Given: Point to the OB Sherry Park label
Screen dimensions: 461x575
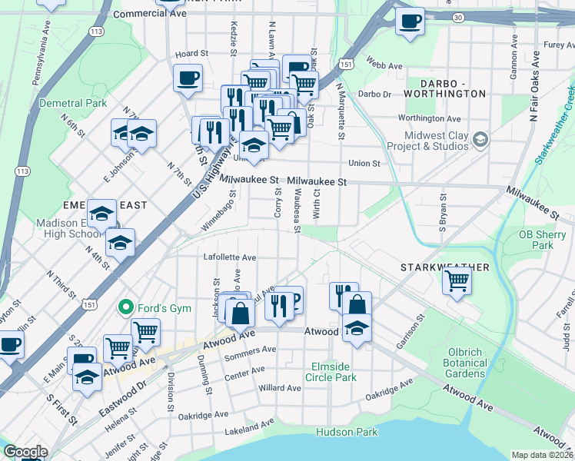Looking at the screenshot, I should [x=536, y=240].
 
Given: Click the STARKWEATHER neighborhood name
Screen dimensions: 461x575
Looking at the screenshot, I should [x=444, y=267].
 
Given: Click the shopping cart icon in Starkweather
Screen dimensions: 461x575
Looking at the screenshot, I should [x=457, y=282].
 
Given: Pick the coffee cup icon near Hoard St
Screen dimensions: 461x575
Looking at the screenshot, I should [x=188, y=77].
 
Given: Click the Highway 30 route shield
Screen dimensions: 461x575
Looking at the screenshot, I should [x=459, y=16].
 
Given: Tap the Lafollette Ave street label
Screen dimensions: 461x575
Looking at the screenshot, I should [x=230, y=257].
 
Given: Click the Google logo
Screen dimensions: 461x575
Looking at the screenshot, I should [x=25, y=452].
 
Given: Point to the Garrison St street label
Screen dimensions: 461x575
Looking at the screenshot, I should [x=410, y=329].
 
